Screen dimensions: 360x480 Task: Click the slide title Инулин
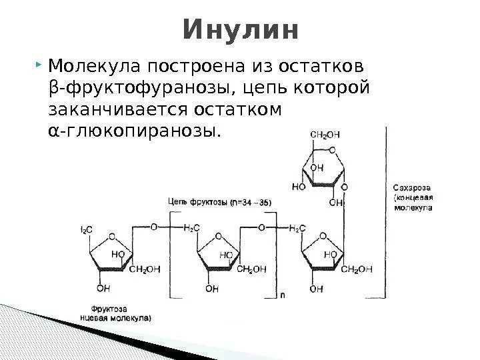[x=240, y=30]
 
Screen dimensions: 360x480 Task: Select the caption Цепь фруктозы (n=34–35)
[x=219, y=201]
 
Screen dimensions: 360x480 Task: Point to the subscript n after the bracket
[x=283, y=294]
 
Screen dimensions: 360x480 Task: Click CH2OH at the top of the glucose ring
[x=324, y=135]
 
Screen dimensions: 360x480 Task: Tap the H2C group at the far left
[x=87, y=229]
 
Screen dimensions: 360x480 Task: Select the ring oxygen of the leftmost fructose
[x=112, y=235]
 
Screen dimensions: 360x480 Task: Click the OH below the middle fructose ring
[x=211, y=289]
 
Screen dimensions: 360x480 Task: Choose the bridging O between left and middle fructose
[x=154, y=227]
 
